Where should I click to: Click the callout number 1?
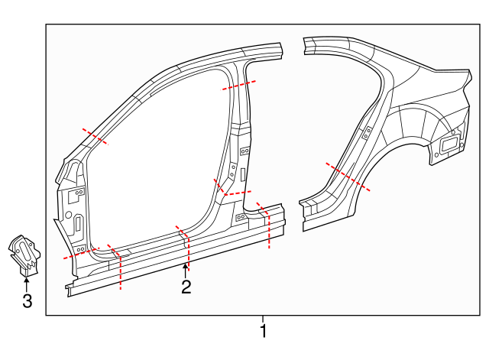pyautogui.click(x=264, y=332)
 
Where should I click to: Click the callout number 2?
pyautogui.click(x=186, y=287)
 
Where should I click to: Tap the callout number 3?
pyautogui.click(x=27, y=301)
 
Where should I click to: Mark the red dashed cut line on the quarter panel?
pyautogui.click(x=348, y=177)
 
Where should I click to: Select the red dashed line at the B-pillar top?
pyautogui.click(x=238, y=86)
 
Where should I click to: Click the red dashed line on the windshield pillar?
pyautogui.click(x=95, y=137)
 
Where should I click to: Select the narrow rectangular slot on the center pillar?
pyautogui.click(x=243, y=175)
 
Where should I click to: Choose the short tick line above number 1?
pyautogui.click(x=264, y=319)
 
